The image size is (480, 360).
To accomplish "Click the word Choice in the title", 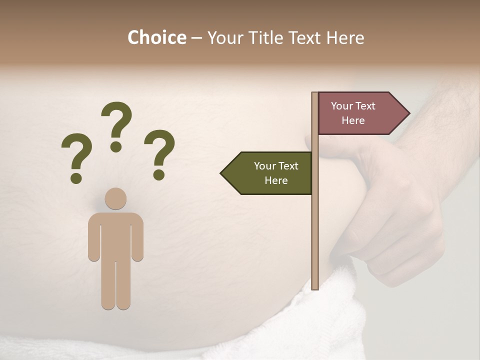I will click(156, 37).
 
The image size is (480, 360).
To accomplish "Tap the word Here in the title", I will click(345, 37).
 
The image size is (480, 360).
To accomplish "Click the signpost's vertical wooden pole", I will click(315, 225).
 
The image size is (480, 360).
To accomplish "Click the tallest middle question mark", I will click(116, 122).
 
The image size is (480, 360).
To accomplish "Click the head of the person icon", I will click(116, 198).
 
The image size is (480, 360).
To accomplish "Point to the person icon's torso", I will click(116, 235).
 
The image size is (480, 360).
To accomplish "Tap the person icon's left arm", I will click(94, 237).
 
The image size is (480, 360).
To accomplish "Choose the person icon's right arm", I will click(137, 237).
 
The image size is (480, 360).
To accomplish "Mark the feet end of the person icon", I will click(116, 302).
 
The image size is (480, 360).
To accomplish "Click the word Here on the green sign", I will click(276, 180).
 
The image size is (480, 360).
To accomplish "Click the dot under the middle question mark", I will click(116, 146).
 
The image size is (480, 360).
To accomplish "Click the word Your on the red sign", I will click(342, 106).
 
